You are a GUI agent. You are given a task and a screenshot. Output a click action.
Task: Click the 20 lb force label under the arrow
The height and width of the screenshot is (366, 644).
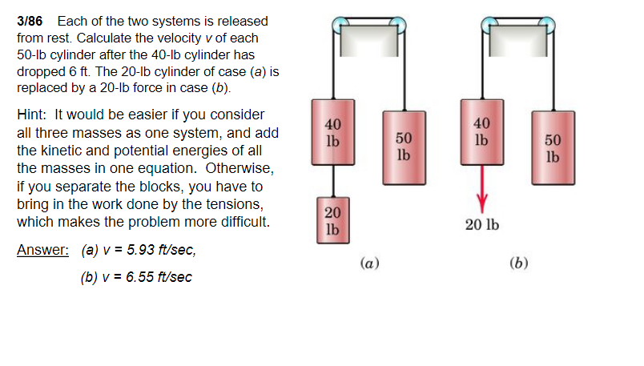482,225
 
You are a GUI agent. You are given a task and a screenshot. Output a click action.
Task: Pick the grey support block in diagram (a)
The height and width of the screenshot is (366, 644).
368,41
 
